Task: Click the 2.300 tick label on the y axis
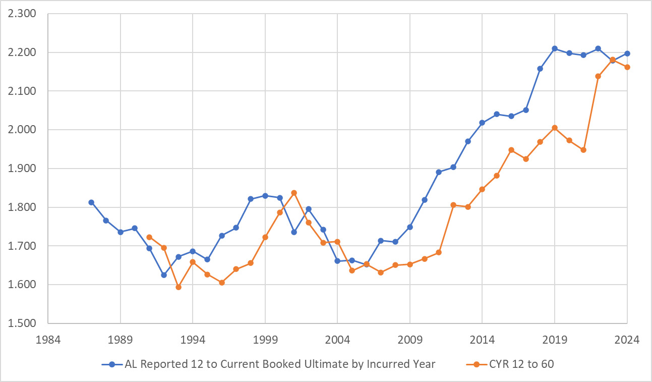click(22, 14)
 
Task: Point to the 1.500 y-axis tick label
click(22, 323)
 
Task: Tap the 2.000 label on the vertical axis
click(22, 130)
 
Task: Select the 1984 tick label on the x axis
click(48, 340)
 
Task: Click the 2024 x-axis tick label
click(627, 340)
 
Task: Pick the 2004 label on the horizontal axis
click(337, 340)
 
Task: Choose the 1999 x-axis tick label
click(265, 340)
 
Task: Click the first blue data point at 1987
click(91, 202)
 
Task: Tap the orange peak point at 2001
click(294, 193)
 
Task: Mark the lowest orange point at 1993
click(179, 287)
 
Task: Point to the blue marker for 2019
click(555, 48)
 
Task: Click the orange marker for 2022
click(598, 76)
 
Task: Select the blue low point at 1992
click(164, 275)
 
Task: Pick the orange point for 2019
click(555, 128)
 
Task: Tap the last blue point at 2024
click(627, 53)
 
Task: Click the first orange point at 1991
click(149, 237)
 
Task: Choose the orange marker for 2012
click(453, 205)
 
